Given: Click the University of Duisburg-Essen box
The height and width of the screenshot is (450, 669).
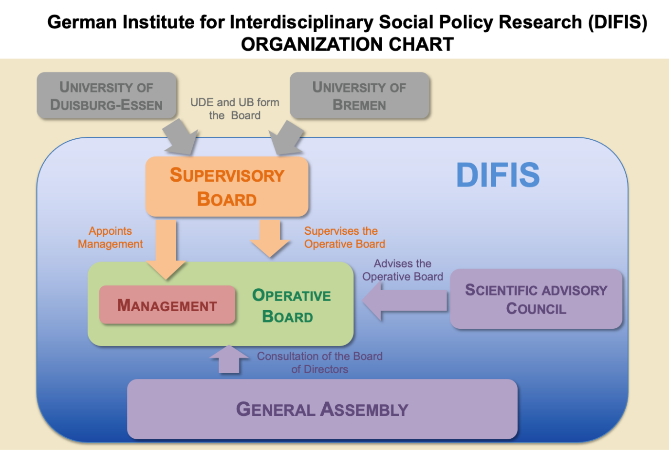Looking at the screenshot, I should [x=107, y=95].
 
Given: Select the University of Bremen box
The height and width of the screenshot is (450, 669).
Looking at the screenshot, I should [x=359, y=95].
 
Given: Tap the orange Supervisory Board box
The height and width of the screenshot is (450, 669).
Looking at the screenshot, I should [x=227, y=187].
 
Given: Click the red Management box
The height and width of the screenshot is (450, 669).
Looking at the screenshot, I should [x=167, y=305].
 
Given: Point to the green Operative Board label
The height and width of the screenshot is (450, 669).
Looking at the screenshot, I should [x=291, y=305].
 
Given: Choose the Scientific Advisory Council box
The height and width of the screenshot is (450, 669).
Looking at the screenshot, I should [x=536, y=299].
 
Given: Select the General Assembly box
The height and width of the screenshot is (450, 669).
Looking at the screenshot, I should [x=322, y=409].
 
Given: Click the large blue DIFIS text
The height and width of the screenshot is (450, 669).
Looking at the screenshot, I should [x=498, y=175].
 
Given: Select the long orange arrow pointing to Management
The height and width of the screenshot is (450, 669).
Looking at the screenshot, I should [x=166, y=248].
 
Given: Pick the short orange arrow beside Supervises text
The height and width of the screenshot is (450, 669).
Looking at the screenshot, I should [x=270, y=238].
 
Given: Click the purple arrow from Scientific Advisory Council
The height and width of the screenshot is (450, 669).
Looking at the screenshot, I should [x=404, y=301].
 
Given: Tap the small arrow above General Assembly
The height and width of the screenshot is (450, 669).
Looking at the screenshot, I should [x=229, y=359].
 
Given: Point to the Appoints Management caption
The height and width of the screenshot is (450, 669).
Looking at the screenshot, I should [x=111, y=237].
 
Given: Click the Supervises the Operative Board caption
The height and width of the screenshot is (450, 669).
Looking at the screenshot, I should [x=344, y=237].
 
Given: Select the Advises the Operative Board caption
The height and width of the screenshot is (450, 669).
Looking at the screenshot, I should [x=403, y=270].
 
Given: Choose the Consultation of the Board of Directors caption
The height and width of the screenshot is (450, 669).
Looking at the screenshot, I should [x=319, y=362].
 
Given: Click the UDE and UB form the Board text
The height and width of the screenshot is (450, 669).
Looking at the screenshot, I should [x=235, y=109].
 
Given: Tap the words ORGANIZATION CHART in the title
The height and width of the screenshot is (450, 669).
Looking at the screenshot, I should [x=347, y=44].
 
